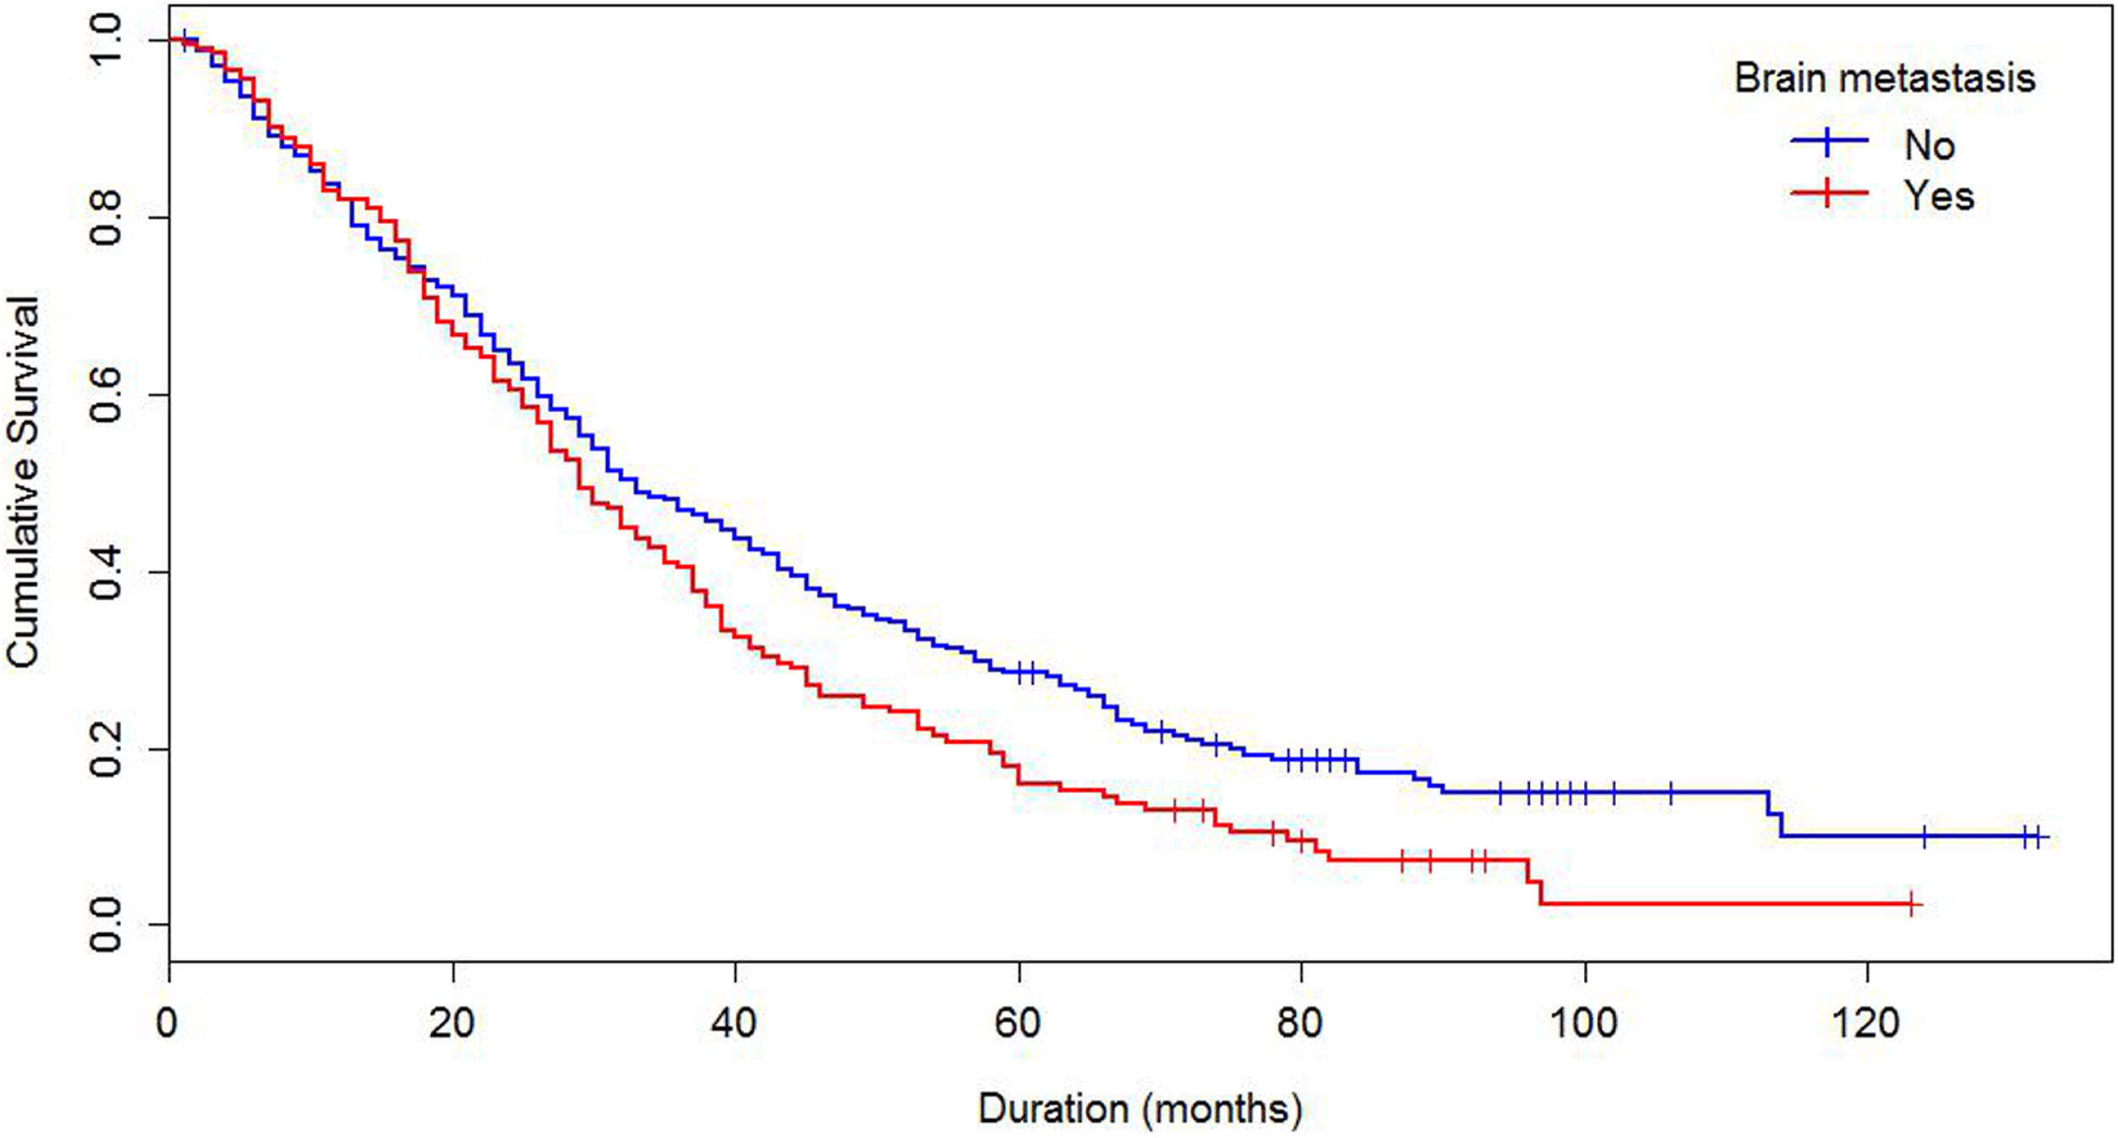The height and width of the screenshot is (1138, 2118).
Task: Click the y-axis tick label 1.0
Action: pyautogui.click(x=107, y=40)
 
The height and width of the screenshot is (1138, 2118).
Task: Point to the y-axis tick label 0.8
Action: pyautogui.click(x=107, y=217)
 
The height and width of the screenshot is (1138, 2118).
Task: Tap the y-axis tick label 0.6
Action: pyautogui.click(x=107, y=395)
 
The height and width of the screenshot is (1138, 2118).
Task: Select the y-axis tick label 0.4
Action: pyautogui.click(x=107, y=572)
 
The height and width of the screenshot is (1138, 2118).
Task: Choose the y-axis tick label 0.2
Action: pyautogui.click(x=107, y=749)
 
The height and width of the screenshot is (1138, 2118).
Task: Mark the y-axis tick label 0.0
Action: pyautogui.click(x=107, y=925)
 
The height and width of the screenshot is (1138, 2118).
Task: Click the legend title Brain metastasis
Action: pyautogui.click(x=1884, y=79)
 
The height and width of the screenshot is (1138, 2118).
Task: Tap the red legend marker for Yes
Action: pyautogui.click(x=1829, y=193)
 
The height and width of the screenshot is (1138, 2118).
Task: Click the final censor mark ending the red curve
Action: pyautogui.click(x=1911, y=904)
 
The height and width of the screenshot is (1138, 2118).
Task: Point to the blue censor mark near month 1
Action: pyautogui.click(x=186, y=40)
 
